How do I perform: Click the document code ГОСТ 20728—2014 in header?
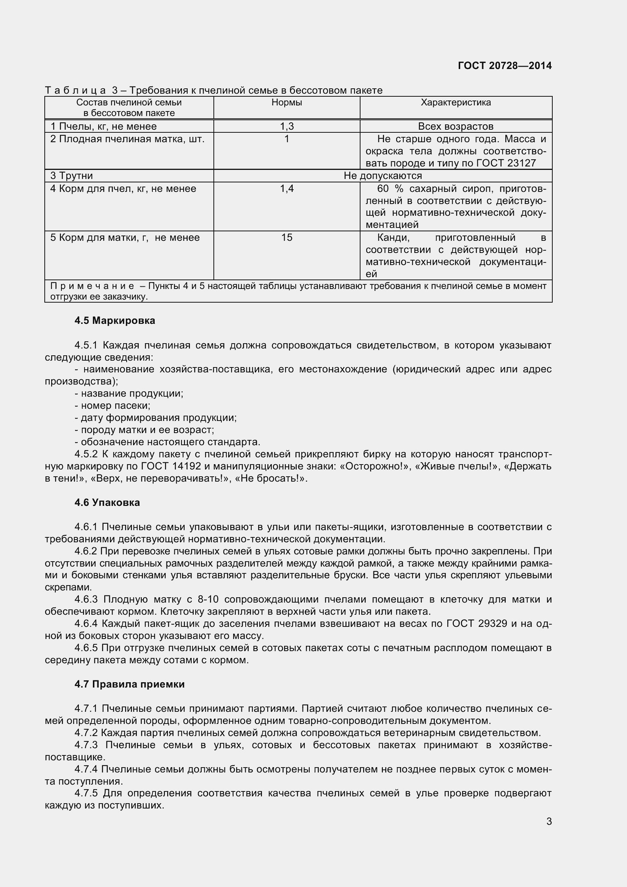505,66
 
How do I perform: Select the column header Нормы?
287,102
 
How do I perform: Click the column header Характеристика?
456,102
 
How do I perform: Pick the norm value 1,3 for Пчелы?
287,126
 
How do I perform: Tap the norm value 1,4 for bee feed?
287,188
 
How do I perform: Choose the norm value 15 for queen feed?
287,237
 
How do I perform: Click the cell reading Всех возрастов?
456,126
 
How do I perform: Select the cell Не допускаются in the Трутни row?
382,176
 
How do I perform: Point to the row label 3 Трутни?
72,176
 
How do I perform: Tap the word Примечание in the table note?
92,286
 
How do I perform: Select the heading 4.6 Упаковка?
107,502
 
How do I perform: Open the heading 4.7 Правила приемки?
129,684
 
